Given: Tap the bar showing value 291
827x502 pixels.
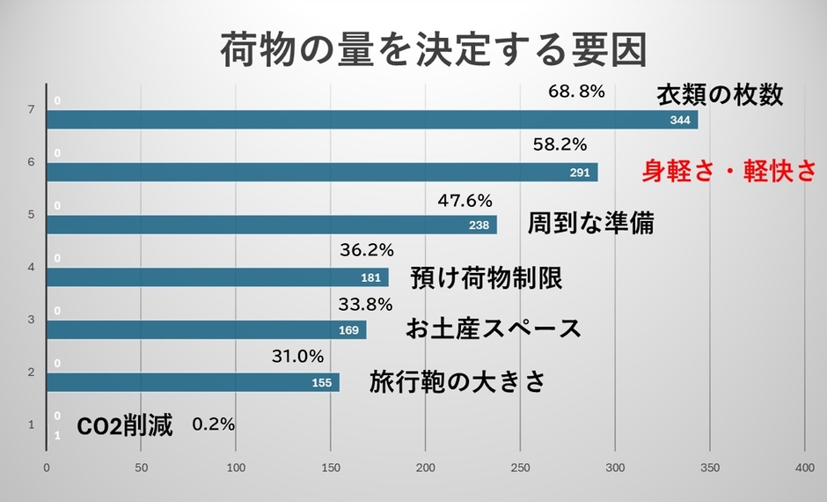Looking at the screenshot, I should click(321, 173).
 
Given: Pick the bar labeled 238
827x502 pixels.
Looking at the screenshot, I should click(271, 225).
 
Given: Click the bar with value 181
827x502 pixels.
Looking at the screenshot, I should click(216, 277).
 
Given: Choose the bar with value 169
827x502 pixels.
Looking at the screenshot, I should click(206, 330).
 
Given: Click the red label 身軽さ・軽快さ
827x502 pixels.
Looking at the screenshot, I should click(728, 171).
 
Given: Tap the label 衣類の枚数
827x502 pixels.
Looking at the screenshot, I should click(720, 95).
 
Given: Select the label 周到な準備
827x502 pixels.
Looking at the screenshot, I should click(590, 223).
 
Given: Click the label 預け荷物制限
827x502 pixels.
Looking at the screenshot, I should click(487, 279).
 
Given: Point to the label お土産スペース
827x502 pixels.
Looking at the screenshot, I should click(494, 329).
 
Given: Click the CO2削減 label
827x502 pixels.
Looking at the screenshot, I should click(125, 427).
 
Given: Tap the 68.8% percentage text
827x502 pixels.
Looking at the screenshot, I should click(576, 91).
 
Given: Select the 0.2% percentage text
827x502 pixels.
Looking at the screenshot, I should click(213, 424).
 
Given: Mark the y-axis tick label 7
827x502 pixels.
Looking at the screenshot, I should click(31, 110).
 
